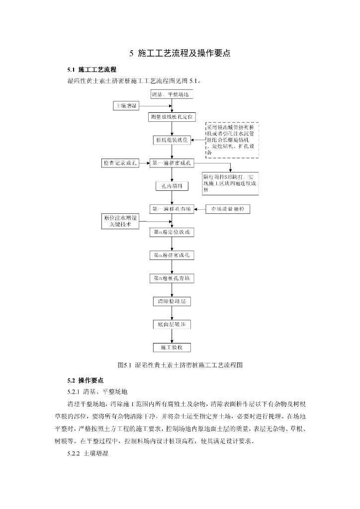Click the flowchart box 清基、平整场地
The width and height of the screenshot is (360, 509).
(172, 94)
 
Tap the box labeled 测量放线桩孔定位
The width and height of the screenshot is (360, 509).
(172, 117)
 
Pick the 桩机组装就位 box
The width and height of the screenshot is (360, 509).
(172, 140)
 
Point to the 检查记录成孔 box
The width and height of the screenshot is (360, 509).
(120, 163)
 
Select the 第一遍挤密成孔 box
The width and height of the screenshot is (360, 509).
(172, 163)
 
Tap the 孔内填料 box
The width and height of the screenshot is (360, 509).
(172, 186)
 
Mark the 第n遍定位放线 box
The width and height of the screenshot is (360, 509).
(172, 232)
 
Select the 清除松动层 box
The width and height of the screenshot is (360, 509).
(172, 301)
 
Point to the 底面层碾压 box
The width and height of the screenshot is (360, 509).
(172, 325)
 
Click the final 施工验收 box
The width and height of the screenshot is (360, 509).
(172, 347)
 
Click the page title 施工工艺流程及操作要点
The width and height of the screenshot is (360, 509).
(180, 53)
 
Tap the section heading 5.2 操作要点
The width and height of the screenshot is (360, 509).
(86, 380)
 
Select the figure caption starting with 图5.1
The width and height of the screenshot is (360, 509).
(180, 365)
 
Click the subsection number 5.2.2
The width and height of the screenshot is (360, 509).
(73, 454)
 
